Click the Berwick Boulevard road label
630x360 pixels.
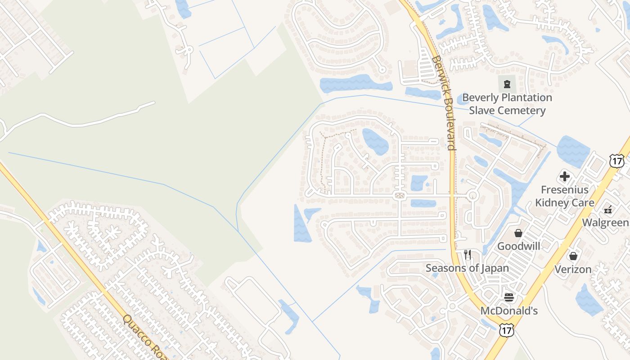click(x=444, y=103)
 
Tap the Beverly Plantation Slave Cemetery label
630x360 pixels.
click(x=507, y=104)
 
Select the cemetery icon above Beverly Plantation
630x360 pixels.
click(x=507, y=84)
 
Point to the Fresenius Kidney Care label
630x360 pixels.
click(x=565, y=196)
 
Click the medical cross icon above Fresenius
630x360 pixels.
click(x=565, y=176)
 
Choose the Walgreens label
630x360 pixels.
click(x=606, y=223)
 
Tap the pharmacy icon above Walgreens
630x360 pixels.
click(x=608, y=209)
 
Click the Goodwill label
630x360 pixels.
click(x=518, y=246)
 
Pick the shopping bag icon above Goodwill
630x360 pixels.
click(x=518, y=233)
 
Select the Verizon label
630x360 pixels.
click(x=573, y=269)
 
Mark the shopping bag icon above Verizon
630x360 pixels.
click(x=573, y=256)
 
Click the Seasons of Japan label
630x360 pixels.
click(x=468, y=268)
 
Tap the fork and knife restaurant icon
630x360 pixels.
click(x=468, y=255)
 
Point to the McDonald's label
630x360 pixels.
click(x=509, y=311)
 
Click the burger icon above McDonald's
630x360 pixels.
click(x=509, y=297)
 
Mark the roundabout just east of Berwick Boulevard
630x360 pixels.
click(x=472, y=195)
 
